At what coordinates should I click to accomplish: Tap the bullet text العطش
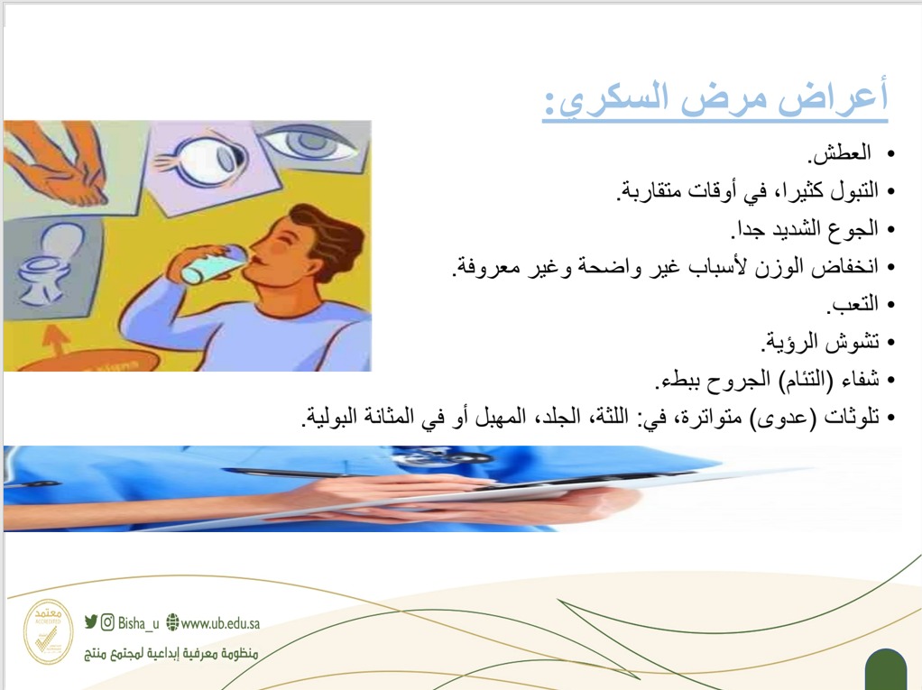tap(840, 153)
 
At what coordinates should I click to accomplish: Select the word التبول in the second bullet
tap(853, 190)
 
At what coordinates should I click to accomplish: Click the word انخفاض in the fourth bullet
tap(844, 267)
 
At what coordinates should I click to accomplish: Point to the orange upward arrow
tap(56, 340)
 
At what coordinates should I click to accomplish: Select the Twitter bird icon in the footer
tap(90, 621)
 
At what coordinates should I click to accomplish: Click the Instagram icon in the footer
tap(107, 622)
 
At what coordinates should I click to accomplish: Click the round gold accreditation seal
tap(48, 631)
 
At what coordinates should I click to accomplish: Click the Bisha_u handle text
tap(138, 623)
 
